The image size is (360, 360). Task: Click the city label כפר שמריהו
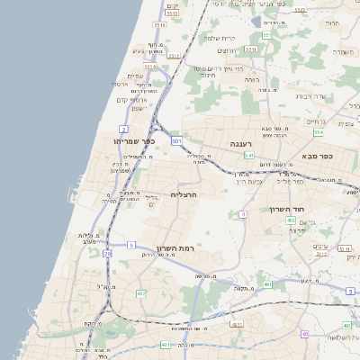(x=135, y=141)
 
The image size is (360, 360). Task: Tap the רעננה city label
(x=240, y=143)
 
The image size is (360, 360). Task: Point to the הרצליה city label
(x=184, y=194)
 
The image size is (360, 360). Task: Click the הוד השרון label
(x=288, y=209)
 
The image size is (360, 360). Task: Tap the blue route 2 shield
(x=123, y=130)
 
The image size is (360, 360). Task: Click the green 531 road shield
(x=177, y=141)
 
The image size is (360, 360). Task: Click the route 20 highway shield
(x=107, y=254)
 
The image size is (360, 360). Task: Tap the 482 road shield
(x=141, y=293)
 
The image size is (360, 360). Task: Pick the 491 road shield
(x=268, y=284)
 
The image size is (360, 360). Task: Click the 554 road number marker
(x=319, y=131)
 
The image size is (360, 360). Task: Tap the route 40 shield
(x=306, y=334)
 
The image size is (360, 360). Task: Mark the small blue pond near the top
(x=256, y=22)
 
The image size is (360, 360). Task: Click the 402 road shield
(x=316, y=220)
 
